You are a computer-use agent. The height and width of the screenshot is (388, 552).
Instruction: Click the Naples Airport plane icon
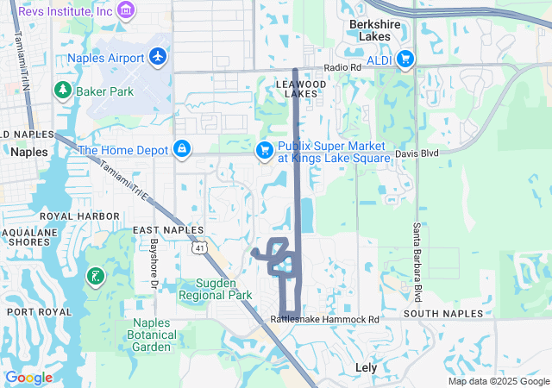[x=157, y=56]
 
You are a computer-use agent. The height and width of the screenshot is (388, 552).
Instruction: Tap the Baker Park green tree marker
[x=62, y=89]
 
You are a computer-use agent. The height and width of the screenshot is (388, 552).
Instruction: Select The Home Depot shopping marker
[x=182, y=150]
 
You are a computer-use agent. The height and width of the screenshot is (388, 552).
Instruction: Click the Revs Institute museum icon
[x=127, y=10]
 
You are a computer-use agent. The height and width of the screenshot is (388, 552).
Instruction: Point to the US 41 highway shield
[x=200, y=248]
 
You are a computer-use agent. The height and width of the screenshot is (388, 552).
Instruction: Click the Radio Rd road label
[x=342, y=68]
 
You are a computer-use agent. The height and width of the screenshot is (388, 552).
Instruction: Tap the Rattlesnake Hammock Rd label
[x=324, y=319]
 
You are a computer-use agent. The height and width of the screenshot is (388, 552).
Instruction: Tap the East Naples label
[x=168, y=230]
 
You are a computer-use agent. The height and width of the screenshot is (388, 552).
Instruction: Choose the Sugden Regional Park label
[x=215, y=289]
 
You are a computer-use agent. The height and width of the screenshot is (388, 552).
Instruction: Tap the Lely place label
[x=367, y=367]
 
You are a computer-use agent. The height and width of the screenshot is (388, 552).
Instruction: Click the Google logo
[x=28, y=378]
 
